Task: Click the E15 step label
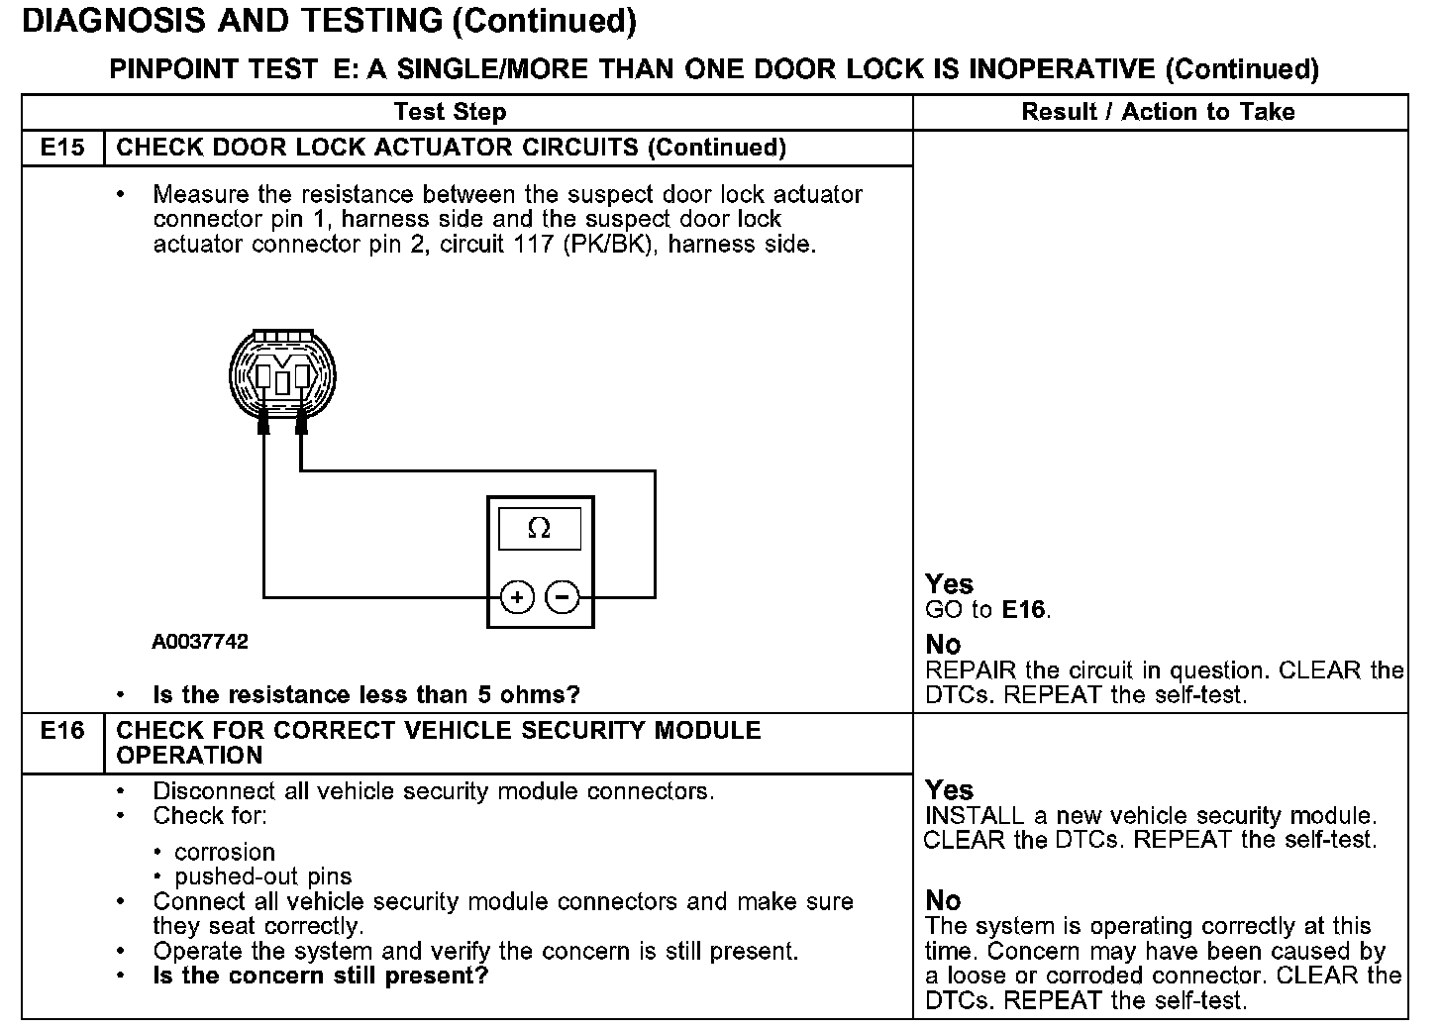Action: (62, 148)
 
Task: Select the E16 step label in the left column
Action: (62, 731)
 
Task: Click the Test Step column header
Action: (451, 112)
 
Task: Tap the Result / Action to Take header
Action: (1158, 112)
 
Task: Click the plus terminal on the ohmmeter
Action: (517, 597)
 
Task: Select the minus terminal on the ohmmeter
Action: (563, 597)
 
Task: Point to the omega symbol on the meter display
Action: (540, 528)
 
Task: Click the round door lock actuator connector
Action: (282, 375)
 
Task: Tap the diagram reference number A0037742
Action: (200, 642)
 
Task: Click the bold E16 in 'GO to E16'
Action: (1024, 610)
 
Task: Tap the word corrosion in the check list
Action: (225, 852)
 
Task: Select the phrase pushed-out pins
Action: (262, 876)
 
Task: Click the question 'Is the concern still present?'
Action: (321, 976)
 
